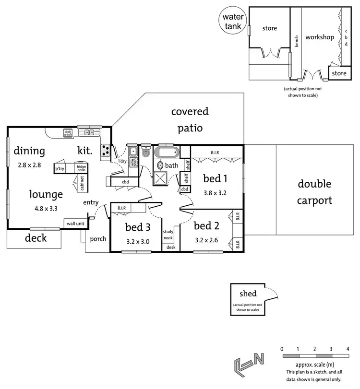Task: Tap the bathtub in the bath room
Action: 167,152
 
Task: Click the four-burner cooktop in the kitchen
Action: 106,150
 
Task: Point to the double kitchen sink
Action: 89,132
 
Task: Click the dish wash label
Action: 68,133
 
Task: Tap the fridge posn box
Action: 81,168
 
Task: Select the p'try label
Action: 60,169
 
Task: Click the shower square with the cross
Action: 160,178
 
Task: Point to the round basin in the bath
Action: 160,165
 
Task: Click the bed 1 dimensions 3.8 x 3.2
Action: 215,193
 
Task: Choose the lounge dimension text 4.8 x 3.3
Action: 46,209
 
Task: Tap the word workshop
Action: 320,37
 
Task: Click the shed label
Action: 248,294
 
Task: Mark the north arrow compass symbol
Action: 249,364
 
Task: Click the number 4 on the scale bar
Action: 348,349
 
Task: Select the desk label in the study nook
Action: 171,248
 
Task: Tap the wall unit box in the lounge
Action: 75,224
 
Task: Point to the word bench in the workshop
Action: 296,41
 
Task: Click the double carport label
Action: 314,192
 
